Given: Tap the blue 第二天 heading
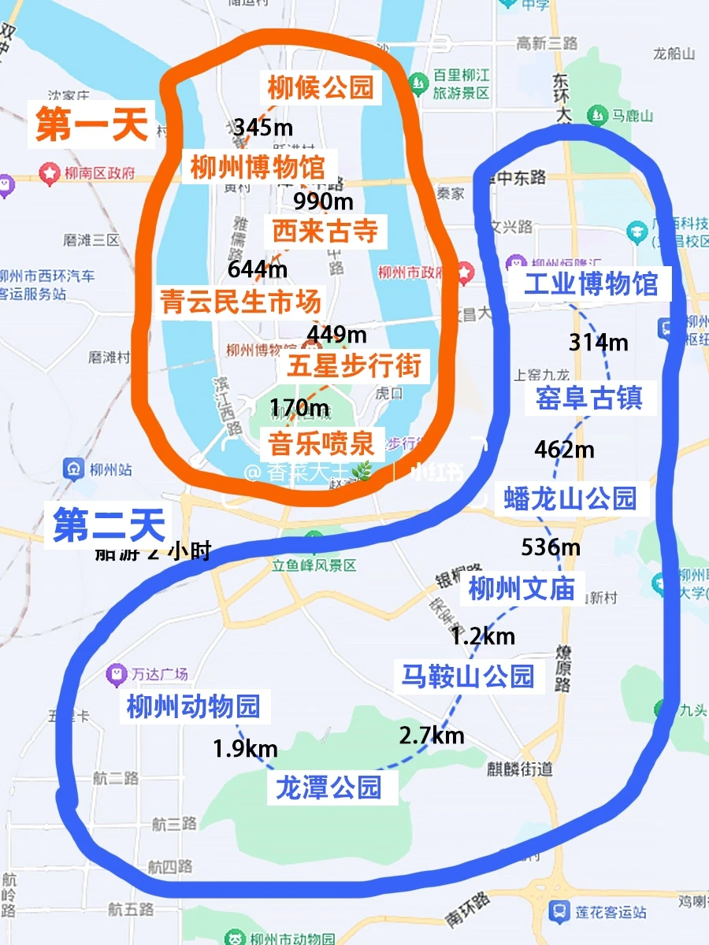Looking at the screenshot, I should [110, 525].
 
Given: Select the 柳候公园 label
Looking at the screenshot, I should [320, 87].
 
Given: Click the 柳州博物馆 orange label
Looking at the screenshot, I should [258, 168].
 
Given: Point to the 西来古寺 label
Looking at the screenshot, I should [325, 232].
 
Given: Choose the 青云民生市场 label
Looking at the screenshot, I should [241, 301].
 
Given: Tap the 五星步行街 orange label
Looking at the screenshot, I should [354, 365].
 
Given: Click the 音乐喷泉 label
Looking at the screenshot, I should [321, 443].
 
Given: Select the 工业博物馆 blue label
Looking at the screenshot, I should [591, 283].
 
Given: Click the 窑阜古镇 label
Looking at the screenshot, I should [588, 398].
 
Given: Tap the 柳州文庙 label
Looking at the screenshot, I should [522, 589].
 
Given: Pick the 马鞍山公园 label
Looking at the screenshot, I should [468, 676].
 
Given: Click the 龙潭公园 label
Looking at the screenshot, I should [329, 787].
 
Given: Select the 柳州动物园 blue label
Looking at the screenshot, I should [194, 706].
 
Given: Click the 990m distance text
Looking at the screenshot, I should [323, 202].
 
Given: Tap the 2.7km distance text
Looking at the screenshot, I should [431, 736].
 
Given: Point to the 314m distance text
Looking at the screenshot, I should [598, 343].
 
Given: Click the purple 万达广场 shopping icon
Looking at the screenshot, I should [117, 674].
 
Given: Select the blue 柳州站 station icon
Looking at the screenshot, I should [74, 469].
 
